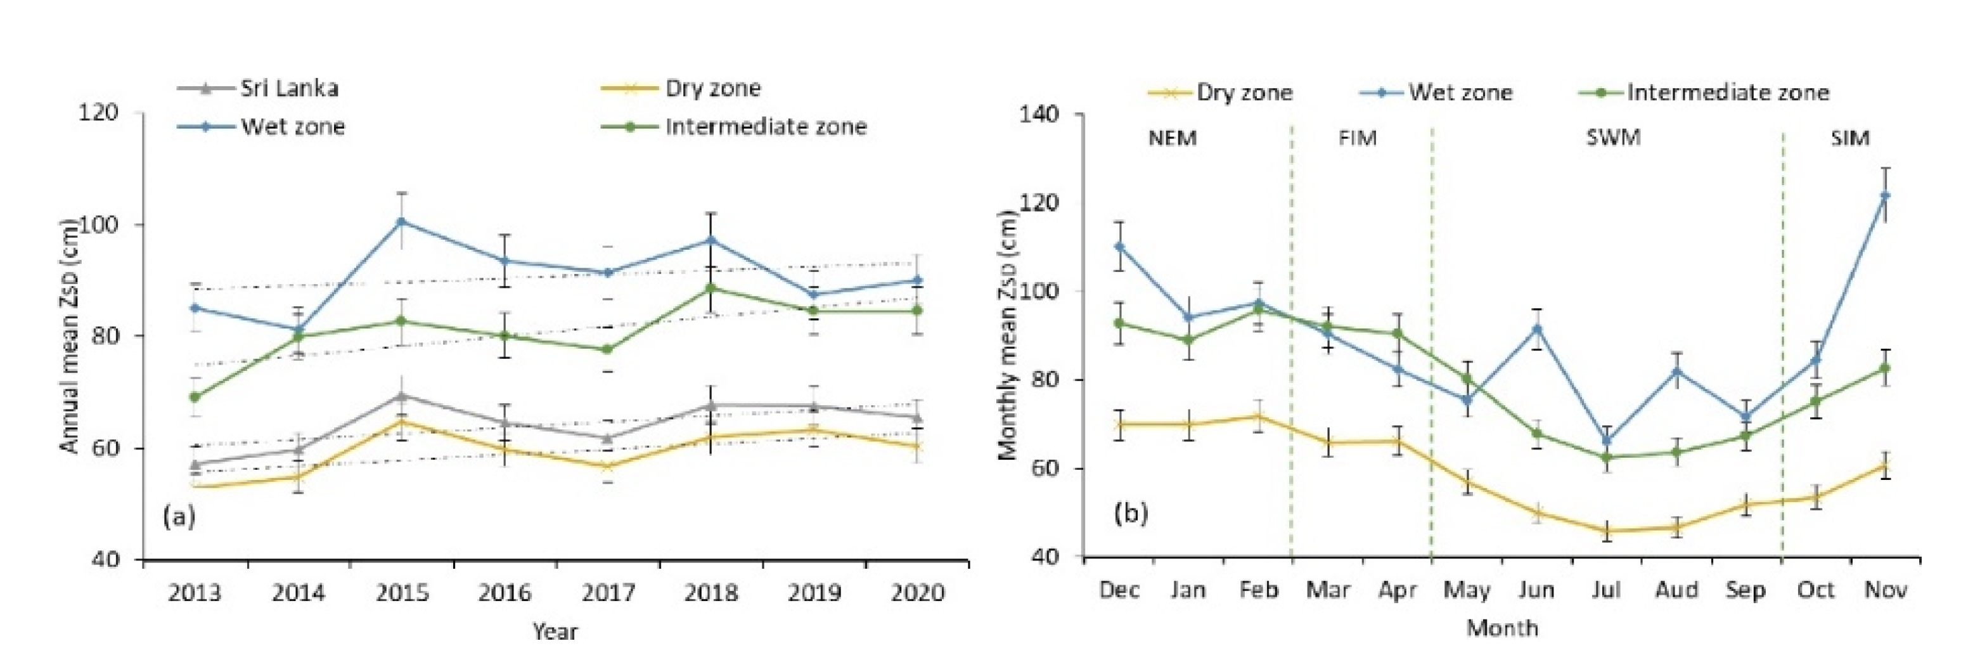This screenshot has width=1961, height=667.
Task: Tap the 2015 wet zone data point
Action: point(401,221)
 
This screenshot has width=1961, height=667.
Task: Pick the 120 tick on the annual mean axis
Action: point(99,113)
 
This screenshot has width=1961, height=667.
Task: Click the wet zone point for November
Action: point(1885,196)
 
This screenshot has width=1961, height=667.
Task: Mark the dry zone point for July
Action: point(1606,531)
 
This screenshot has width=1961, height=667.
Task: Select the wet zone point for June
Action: point(1537,329)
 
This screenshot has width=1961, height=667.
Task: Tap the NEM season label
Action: point(1173,139)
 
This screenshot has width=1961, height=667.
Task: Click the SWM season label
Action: point(1612,139)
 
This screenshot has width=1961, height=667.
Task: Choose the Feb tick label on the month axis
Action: point(1258,590)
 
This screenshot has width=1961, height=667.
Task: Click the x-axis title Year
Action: point(555,631)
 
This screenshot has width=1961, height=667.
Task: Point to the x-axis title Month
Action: point(1502,628)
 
